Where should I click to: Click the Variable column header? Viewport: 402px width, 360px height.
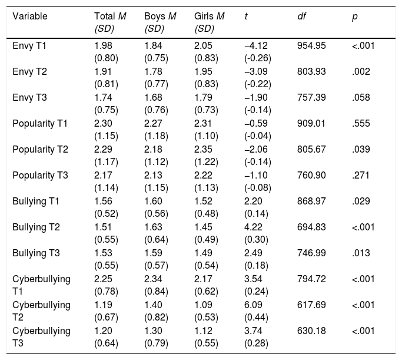(x=30, y=16)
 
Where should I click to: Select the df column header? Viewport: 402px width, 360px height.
(x=301, y=16)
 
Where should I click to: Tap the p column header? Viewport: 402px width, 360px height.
(x=355, y=17)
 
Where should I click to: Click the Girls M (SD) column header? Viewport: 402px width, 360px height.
(x=209, y=22)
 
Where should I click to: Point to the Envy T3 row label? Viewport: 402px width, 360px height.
(x=30, y=97)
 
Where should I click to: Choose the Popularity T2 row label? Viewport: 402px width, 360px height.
(x=40, y=149)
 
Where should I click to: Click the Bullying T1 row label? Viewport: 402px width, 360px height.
(x=36, y=201)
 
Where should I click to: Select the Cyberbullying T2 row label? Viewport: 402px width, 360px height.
(x=41, y=311)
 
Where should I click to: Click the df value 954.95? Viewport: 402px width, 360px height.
(x=311, y=46)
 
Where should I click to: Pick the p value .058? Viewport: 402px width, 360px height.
(x=361, y=97)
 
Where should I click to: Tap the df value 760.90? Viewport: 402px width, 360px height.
(x=311, y=175)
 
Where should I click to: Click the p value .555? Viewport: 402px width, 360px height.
(x=361, y=123)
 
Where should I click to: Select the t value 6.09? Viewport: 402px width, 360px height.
(x=253, y=305)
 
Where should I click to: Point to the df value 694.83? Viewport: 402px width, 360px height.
(x=311, y=227)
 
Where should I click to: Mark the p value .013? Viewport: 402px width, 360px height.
(x=361, y=253)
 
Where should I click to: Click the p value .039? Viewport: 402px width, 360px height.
(x=361, y=149)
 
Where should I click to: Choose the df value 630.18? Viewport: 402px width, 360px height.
(x=311, y=331)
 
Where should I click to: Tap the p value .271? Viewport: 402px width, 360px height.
(x=361, y=175)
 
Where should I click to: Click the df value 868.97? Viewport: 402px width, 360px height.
(x=311, y=201)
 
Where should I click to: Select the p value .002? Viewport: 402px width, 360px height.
(x=361, y=72)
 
